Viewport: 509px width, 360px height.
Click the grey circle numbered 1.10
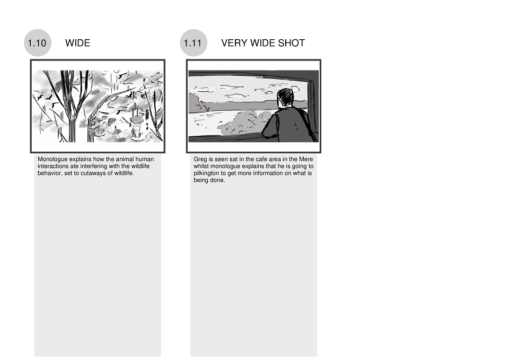[38, 43]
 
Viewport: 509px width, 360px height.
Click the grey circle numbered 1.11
[194, 43]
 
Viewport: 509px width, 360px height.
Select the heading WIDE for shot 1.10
[77, 43]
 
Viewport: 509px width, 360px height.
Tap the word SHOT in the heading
[292, 43]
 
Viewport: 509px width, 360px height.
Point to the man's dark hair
[285, 96]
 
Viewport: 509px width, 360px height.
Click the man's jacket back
[287, 124]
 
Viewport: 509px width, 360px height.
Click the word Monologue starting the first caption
[52, 160]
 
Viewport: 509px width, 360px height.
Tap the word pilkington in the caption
[206, 173]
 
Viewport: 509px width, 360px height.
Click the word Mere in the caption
[306, 160]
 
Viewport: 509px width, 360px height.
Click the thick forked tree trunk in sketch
[72, 110]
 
